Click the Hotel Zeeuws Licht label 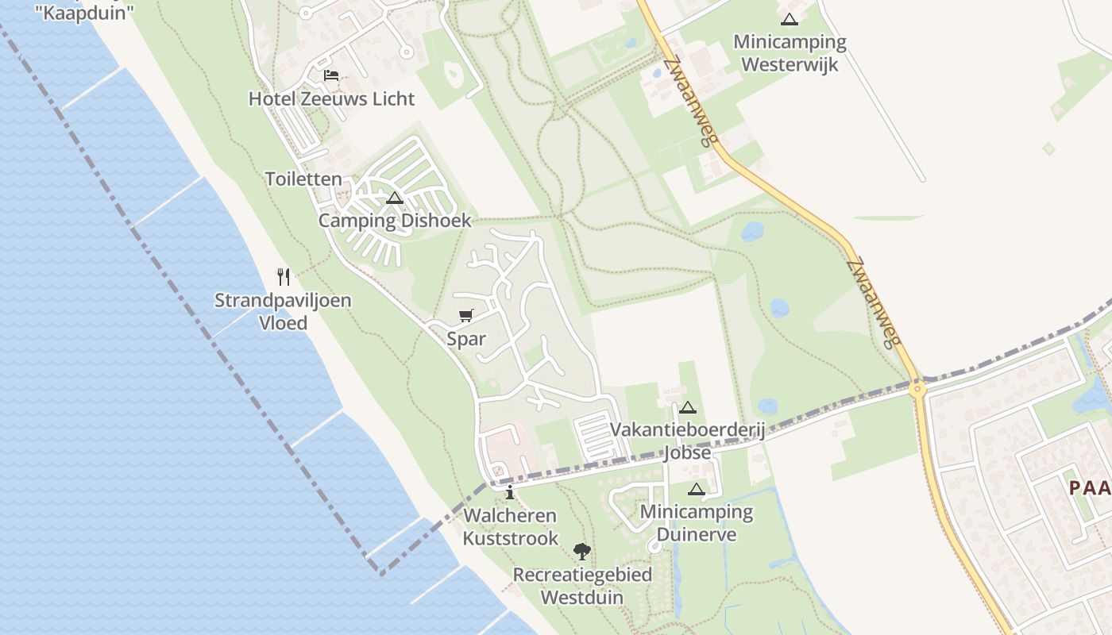pyautogui.click(x=331, y=99)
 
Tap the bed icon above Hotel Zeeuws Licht pyautogui.click(x=331, y=75)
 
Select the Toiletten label pyautogui.click(x=303, y=179)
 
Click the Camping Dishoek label pyautogui.click(x=395, y=221)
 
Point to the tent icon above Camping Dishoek pyautogui.click(x=395, y=198)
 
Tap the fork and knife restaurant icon pyautogui.click(x=284, y=276)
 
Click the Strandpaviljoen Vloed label pyautogui.click(x=284, y=312)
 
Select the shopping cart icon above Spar pyautogui.click(x=466, y=316)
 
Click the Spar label pyautogui.click(x=466, y=340)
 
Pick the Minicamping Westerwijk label pyautogui.click(x=790, y=53)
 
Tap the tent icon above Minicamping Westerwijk pyautogui.click(x=790, y=20)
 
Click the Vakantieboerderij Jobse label pyautogui.click(x=687, y=441)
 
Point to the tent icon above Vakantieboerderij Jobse pyautogui.click(x=688, y=408)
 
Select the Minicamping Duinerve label pyautogui.click(x=697, y=523)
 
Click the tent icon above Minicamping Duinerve pyautogui.click(x=697, y=490)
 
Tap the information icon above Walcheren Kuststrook pyautogui.click(x=510, y=493)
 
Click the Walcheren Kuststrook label pyautogui.click(x=510, y=527)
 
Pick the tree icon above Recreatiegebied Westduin pyautogui.click(x=582, y=551)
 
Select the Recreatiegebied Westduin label pyautogui.click(x=582, y=586)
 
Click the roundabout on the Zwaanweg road pyautogui.click(x=918, y=389)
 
